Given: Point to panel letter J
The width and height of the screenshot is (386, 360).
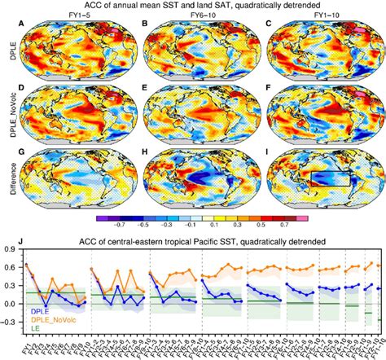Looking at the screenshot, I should click(25, 239).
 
